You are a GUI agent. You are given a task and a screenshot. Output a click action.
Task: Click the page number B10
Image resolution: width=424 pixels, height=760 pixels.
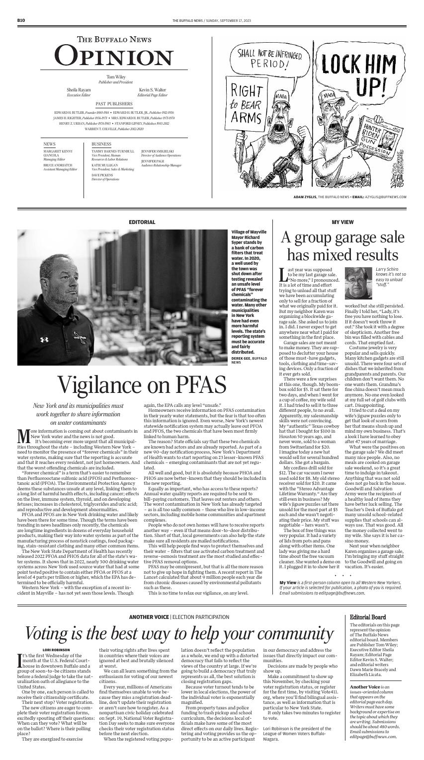click(x=20, y=20)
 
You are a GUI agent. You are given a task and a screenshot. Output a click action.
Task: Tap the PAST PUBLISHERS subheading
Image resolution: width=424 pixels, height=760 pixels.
click(x=114, y=104)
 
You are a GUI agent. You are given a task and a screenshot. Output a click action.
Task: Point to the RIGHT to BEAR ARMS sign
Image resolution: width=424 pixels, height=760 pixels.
click(x=247, y=103)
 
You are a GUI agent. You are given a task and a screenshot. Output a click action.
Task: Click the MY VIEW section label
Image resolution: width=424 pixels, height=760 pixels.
click(x=342, y=222)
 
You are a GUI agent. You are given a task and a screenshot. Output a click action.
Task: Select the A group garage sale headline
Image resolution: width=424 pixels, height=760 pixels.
click(x=342, y=247)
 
